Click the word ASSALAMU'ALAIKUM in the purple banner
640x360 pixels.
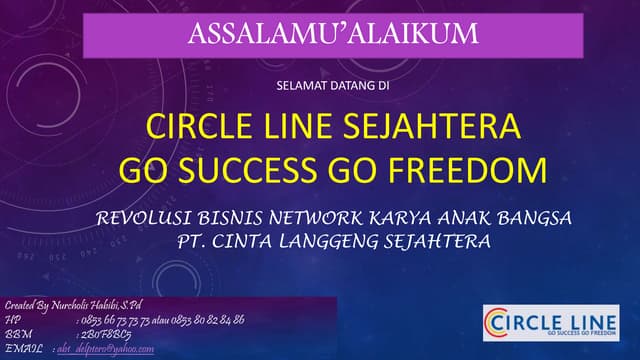coord(333,34)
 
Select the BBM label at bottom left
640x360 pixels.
coord(18,333)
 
